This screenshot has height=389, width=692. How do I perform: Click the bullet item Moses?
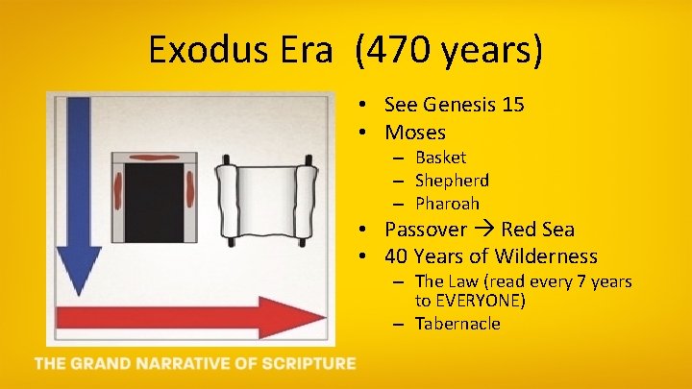click(x=415, y=133)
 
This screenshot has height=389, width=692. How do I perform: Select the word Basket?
click(x=440, y=158)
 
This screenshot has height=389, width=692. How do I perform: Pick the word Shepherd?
click(x=452, y=181)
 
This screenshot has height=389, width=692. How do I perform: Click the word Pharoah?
click(x=447, y=204)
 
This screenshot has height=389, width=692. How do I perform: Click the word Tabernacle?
click(x=457, y=324)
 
